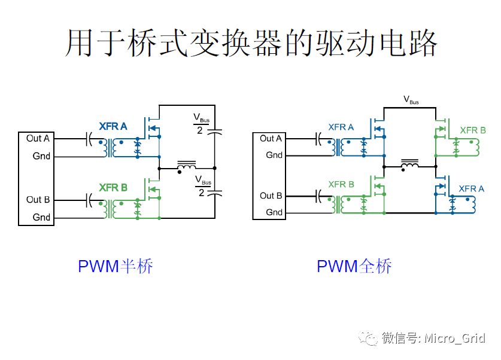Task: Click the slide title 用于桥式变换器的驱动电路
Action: click(x=251, y=42)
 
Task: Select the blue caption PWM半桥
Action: click(x=116, y=266)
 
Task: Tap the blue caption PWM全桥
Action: click(x=354, y=266)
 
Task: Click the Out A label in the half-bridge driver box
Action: click(x=38, y=138)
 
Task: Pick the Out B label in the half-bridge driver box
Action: click(x=38, y=199)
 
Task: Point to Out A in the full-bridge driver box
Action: click(x=271, y=138)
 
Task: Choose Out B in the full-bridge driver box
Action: click(x=271, y=196)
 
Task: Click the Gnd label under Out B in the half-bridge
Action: click(x=41, y=217)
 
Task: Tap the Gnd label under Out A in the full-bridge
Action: click(x=274, y=155)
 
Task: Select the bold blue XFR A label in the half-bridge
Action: click(x=113, y=127)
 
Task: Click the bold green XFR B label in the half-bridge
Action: click(x=113, y=188)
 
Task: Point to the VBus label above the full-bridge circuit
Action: click(x=411, y=100)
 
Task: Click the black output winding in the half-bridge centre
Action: click(x=187, y=164)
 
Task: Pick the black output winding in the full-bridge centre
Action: click(x=410, y=163)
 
